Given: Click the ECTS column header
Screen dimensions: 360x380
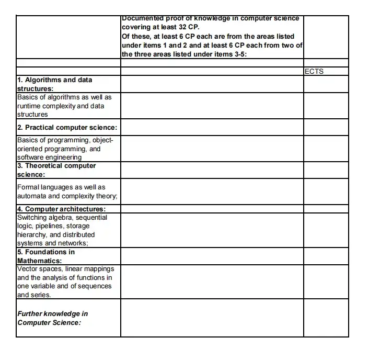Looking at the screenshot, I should [314, 72].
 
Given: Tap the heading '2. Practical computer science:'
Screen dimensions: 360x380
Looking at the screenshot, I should [67, 128].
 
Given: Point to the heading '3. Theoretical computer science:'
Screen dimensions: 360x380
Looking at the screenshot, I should [56, 170].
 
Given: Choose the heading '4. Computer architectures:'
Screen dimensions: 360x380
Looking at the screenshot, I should [61, 209].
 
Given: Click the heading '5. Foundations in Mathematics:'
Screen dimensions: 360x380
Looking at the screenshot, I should [46, 256].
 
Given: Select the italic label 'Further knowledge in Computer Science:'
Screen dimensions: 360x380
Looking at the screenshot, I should [52, 318].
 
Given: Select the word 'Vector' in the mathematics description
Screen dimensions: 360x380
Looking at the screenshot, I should [27, 269].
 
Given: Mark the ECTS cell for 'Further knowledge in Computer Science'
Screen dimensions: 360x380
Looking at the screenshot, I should [326, 318].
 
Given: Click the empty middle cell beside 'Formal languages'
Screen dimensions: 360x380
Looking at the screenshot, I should [212, 192].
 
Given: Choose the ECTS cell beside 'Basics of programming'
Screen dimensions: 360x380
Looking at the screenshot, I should [326, 148].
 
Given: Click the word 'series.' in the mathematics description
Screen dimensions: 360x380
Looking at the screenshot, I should [41, 295].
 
